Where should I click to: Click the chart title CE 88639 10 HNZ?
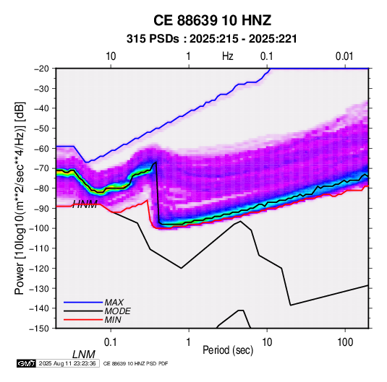pyautogui.click(x=212, y=20)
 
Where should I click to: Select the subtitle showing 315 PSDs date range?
pyautogui.click(x=212, y=39)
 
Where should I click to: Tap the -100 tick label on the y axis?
pyautogui.click(x=39, y=228)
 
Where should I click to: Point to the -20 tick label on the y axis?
pyautogui.click(x=41, y=69)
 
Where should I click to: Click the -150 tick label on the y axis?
pyautogui.click(x=39, y=329)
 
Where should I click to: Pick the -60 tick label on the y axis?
pyautogui.click(x=41, y=148)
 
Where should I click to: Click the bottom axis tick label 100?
pyautogui.click(x=345, y=342)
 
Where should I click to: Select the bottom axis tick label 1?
pyautogui.click(x=189, y=342)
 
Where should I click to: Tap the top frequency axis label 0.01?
pyautogui.click(x=344, y=56)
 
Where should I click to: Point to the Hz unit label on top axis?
pyautogui.click(x=228, y=56)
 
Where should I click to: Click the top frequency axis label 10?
pyautogui.click(x=111, y=56)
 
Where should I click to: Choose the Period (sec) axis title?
pyautogui.click(x=228, y=350)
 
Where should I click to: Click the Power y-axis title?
pyautogui.click(x=20, y=198)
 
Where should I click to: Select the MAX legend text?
pyautogui.click(x=114, y=302)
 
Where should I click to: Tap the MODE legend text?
pyautogui.click(x=117, y=311)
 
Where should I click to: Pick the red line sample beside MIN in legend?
pyautogui.click(x=83, y=320)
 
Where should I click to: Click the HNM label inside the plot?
pyautogui.click(x=85, y=204)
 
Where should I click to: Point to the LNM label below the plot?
pyautogui.click(x=84, y=355)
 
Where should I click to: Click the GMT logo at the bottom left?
pyautogui.click(x=26, y=363)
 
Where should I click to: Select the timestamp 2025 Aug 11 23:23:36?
pyautogui.click(x=67, y=363)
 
